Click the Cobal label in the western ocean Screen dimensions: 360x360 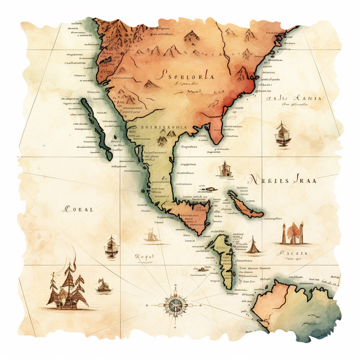coord(78,210)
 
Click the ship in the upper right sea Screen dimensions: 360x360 coord(283,134)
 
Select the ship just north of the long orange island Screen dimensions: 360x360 coord(225,170)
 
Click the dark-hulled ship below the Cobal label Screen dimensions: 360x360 coord(111,247)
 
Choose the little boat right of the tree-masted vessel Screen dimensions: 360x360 coord(104,286)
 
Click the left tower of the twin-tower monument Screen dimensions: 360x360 coord(284,234)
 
